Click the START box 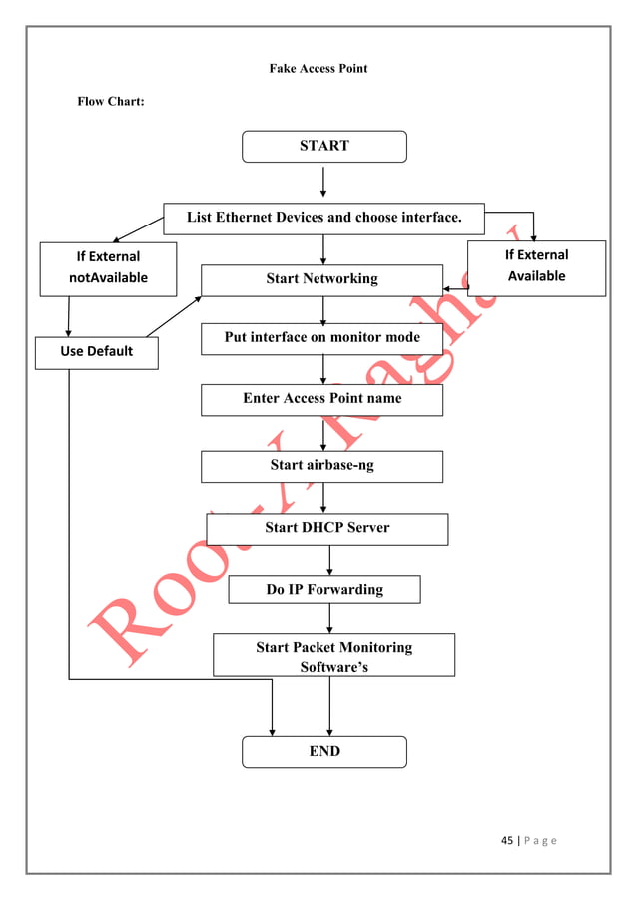pyautogui.click(x=324, y=146)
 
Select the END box pyautogui.click(x=324, y=751)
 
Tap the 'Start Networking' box pyautogui.click(x=321, y=279)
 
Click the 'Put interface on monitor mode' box pyautogui.click(x=321, y=338)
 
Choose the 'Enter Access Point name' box pyautogui.click(x=321, y=399)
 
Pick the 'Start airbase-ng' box pyautogui.click(x=321, y=466)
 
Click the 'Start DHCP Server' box pyautogui.click(x=326, y=528)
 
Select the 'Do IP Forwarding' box pyautogui.click(x=323, y=590)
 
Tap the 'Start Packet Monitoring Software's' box pyautogui.click(x=333, y=656)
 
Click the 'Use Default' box pyautogui.click(x=96, y=352)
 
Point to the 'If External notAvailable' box pyautogui.click(x=108, y=268)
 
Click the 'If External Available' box pyautogui.click(x=536, y=267)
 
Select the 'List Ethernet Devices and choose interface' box pyautogui.click(x=323, y=218)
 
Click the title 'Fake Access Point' pyautogui.click(x=318, y=69)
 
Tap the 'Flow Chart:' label pyautogui.click(x=111, y=102)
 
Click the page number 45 pyautogui.click(x=506, y=840)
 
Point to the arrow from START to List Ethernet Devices pyautogui.click(x=323, y=182)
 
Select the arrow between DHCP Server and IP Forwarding pyautogui.click(x=329, y=560)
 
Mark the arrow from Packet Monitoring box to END pyautogui.click(x=329, y=706)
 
